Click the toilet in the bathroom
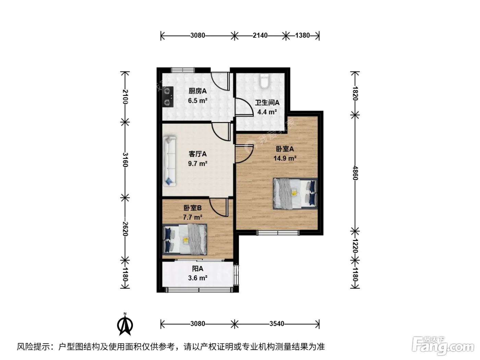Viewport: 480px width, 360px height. pyautogui.click(x=264, y=81)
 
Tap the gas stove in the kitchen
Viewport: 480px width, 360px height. pyautogui.click(x=168, y=97)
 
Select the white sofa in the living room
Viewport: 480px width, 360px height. pyautogui.click(x=169, y=161)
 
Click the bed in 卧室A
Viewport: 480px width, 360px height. pyautogui.click(x=295, y=194)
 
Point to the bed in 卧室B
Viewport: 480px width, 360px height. pyautogui.click(x=185, y=239)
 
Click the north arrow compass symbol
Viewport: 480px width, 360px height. pyautogui.click(x=125, y=324)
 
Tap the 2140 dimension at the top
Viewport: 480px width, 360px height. pyautogui.click(x=260, y=35)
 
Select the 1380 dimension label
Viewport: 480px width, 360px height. pyautogui.click(x=302, y=35)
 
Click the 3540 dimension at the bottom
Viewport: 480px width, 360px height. pyautogui.click(x=277, y=324)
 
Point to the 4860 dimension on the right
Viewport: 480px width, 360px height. pyautogui.click(x=355, y=173)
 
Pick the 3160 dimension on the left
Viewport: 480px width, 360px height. pyautogui.click(x=125, y=160)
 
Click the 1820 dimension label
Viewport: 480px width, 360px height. pyautogui.click(x=355, y=93)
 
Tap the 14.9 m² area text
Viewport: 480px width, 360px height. pyautogui.click(x=285, y=158)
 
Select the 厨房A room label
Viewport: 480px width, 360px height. pyautogui.click(x=197, y=91)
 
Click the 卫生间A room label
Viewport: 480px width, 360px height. pyautogui.click(x=267, y=102)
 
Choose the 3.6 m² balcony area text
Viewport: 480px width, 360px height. pyautogui.click(x=197, y=278)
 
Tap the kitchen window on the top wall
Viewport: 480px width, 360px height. pyautogui.click(x=183, y=70)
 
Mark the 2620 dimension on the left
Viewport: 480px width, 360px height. pyautogui.click(x=125, y=229)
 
